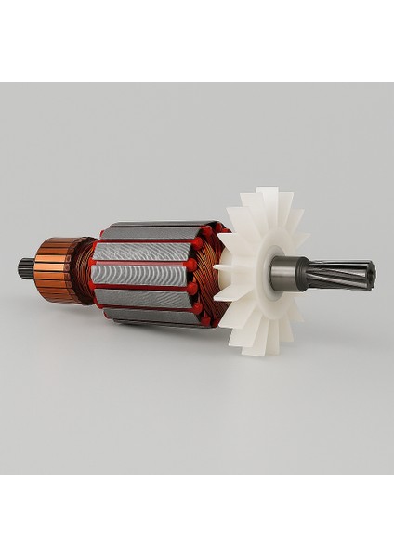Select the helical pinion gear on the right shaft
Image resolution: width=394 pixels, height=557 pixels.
(348, 273)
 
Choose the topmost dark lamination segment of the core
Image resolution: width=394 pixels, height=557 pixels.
(149, 230)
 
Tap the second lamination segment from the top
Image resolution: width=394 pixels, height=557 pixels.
(144, 252)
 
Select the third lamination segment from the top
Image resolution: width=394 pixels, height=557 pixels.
(141, 275)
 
